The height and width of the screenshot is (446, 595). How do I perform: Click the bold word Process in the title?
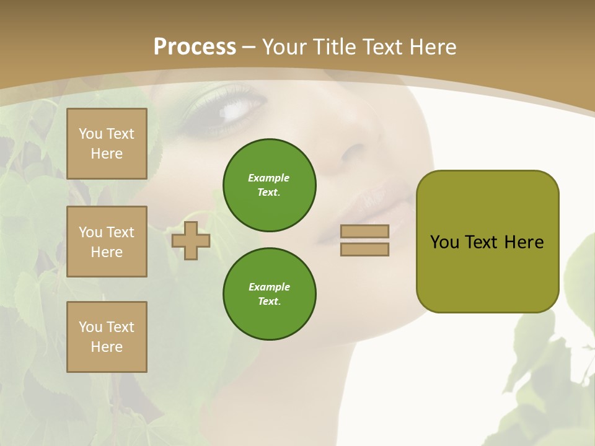[x=195, y=47]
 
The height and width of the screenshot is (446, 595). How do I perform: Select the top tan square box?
[x=107, y=144]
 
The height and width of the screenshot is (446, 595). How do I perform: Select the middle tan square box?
[x=107, y=242]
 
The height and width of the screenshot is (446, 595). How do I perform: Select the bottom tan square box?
[x=107, y=337]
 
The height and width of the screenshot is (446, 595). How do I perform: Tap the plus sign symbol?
[x=191, y=240]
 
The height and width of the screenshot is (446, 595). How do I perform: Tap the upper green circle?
[x=270, y=185]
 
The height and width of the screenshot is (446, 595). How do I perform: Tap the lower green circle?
[x=270, y=294]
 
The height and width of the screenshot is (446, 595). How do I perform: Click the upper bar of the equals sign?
[x=365, y=231]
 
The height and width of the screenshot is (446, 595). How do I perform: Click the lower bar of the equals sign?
[x=365, y=249]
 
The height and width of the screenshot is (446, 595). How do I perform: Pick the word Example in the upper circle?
[x=269, y=178]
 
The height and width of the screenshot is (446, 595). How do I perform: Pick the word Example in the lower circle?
[x=269, y=287]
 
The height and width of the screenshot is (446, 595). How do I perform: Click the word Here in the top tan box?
[x=107, y=154]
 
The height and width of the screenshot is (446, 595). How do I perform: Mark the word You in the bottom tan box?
[x=90, y=327]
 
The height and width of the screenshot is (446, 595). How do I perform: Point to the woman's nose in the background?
[x=356, y=155]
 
